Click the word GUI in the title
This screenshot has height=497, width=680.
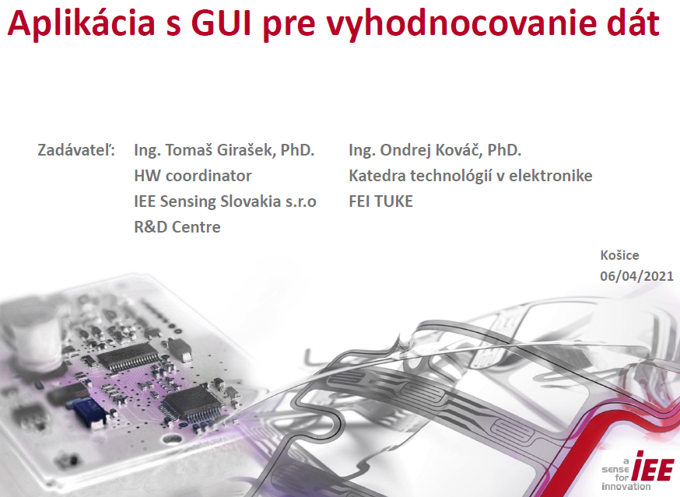point(222,23)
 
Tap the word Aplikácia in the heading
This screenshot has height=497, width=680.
point(81,25)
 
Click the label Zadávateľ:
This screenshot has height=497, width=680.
point(76,149)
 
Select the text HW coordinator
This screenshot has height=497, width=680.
point(193,176)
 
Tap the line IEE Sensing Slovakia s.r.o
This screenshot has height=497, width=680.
point(225,201)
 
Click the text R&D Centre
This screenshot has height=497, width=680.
point(177,227)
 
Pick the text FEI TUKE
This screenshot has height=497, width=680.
point(380,201)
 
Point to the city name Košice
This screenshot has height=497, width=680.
point(620,255)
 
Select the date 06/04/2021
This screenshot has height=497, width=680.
point(636,276)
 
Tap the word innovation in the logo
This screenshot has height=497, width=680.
point(626,487)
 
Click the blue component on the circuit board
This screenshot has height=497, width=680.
point(89,411)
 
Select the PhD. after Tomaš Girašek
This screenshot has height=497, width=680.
point(297,150)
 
